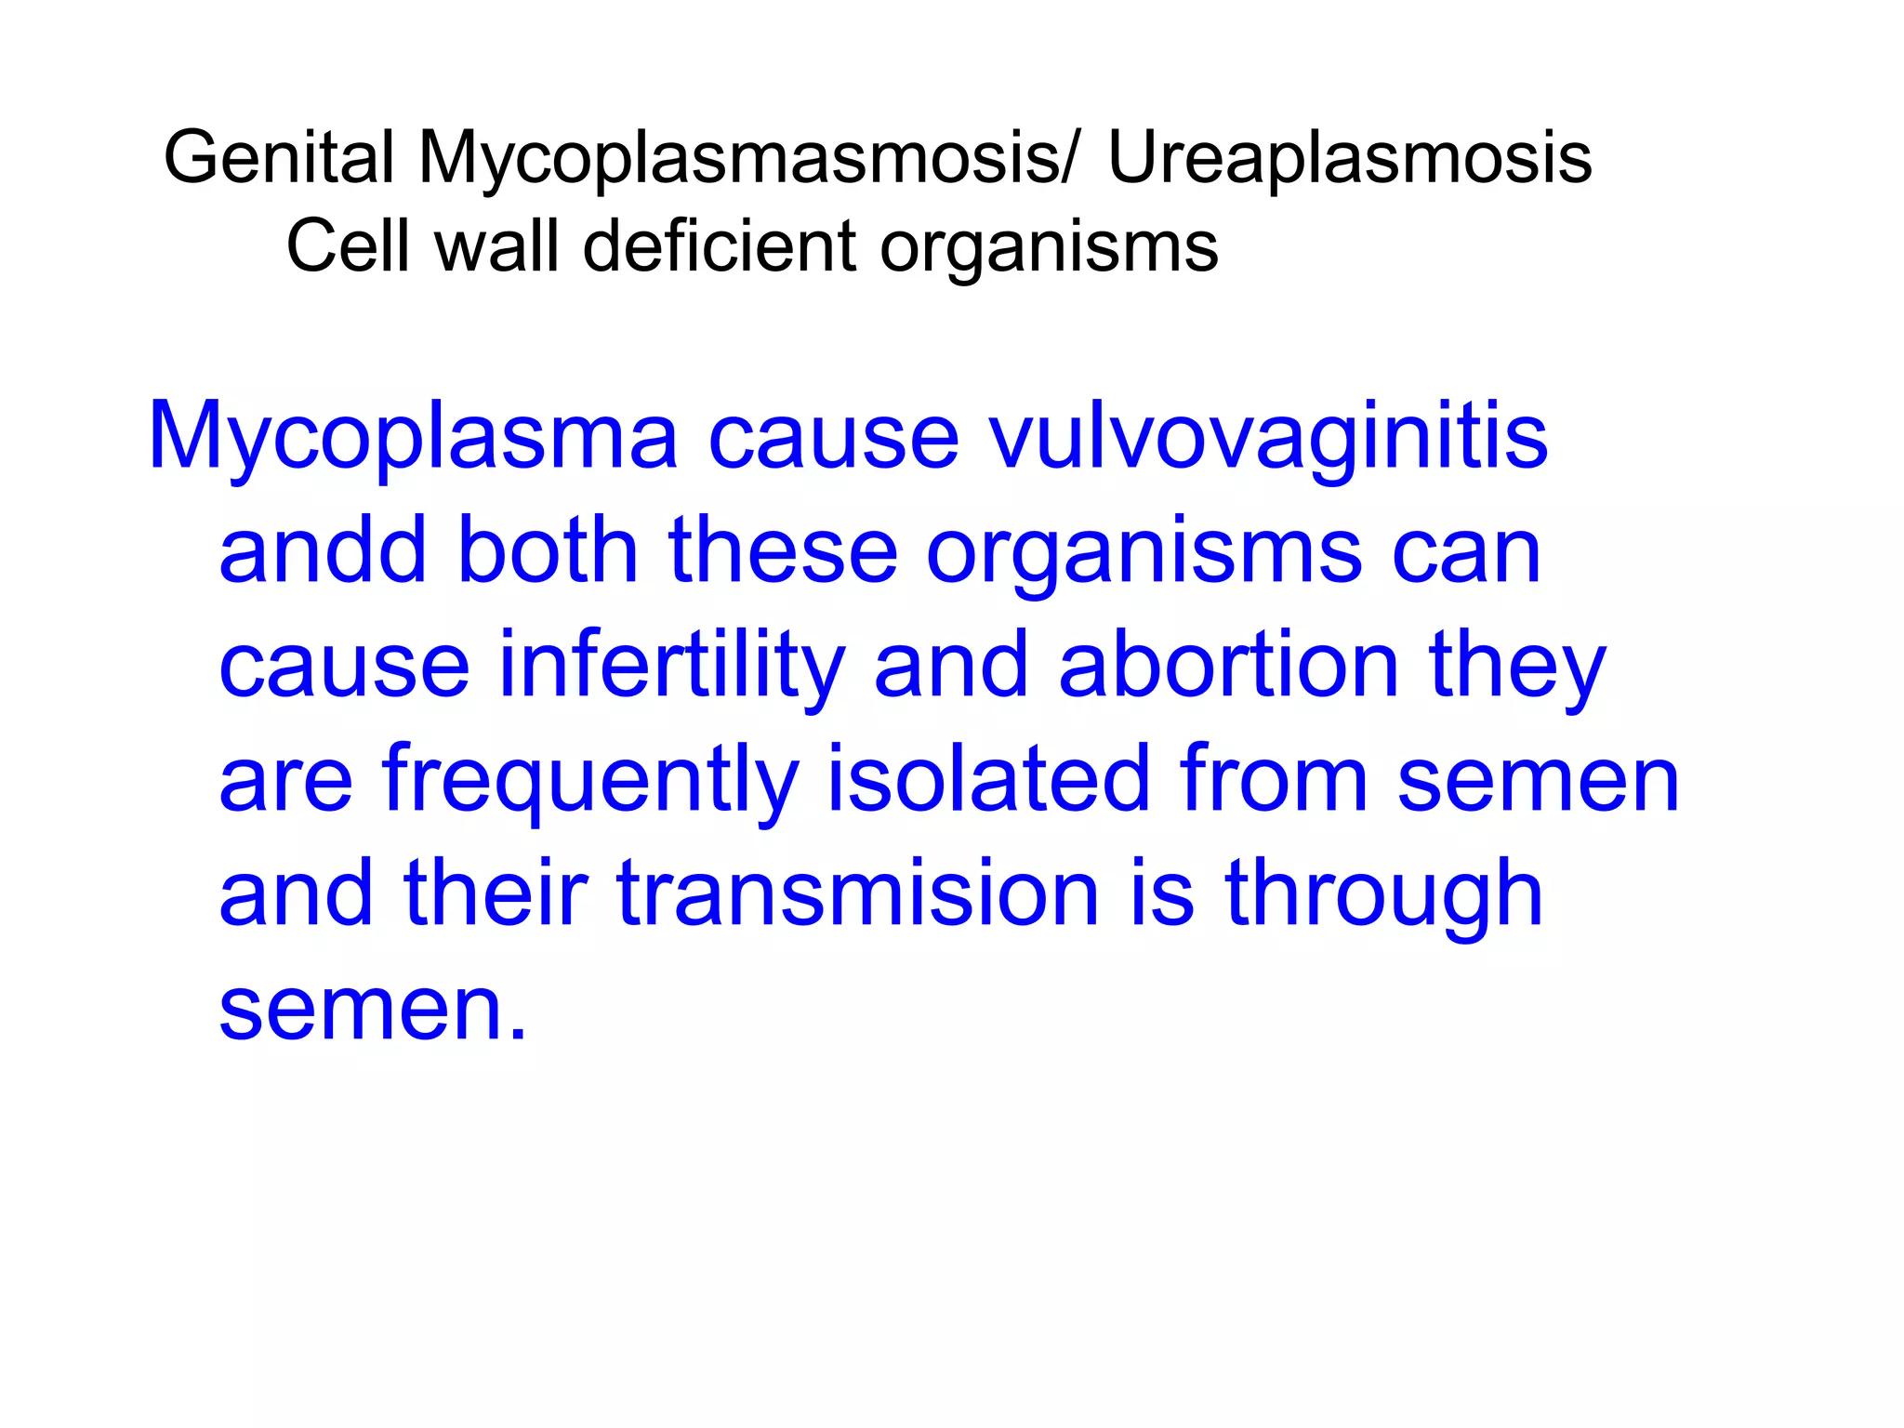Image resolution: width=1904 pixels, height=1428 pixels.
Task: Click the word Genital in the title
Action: click(x=278, y=158)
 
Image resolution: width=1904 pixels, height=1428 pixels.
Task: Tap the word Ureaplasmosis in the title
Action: click(x=1350, y=158)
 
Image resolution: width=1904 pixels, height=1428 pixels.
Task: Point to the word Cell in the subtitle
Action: click(x=349, y=246)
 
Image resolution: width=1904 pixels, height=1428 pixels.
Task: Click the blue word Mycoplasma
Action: click(x=413, y=437)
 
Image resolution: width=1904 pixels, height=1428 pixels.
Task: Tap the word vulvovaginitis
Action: click(x=1268, y=437)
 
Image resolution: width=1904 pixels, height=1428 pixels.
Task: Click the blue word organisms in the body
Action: click(x=1144, y=554)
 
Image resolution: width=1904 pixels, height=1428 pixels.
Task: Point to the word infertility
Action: click(x=672, y=666)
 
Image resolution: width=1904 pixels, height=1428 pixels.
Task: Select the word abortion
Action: click(x=1229, y=666)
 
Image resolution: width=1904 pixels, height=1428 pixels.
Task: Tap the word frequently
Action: click(x=589, y=781)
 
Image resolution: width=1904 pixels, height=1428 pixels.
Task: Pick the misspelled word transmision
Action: click(x=858, y=894)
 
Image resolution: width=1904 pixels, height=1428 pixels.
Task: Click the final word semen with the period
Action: click(x=372, y=1011)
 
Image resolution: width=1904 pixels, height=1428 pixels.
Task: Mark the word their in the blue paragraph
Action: click(x=496, y=894)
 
